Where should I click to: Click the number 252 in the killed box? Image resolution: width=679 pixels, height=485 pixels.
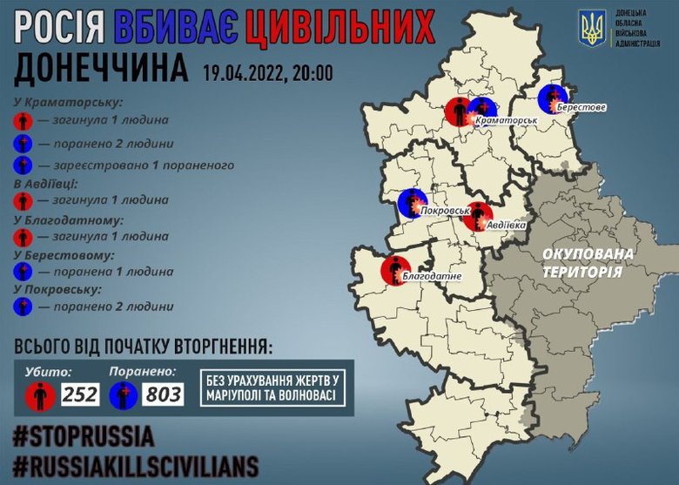(81, 395)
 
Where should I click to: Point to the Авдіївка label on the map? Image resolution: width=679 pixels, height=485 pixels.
(505, 225)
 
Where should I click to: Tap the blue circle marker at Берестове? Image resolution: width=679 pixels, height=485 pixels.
(552, 98)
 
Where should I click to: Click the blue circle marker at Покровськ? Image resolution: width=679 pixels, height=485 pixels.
(411, 203)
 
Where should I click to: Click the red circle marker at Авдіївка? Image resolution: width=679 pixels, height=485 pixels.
(477, 216)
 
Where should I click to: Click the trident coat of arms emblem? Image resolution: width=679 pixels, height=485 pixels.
(593, 29)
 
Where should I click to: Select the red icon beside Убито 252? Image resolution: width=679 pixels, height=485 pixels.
(40, 396)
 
